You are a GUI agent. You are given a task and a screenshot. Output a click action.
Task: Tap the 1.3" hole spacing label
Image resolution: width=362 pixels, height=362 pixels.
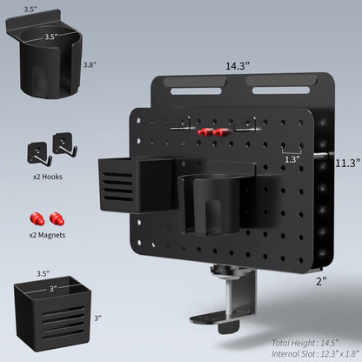pyautogui.click(x=289, y=159)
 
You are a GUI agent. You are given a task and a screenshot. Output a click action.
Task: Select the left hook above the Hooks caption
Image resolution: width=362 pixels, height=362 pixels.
pyautogui.click(x=39, y=149)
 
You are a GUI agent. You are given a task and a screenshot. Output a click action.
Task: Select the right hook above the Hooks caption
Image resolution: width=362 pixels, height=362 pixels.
pyautogui.click(x=64, y=144)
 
